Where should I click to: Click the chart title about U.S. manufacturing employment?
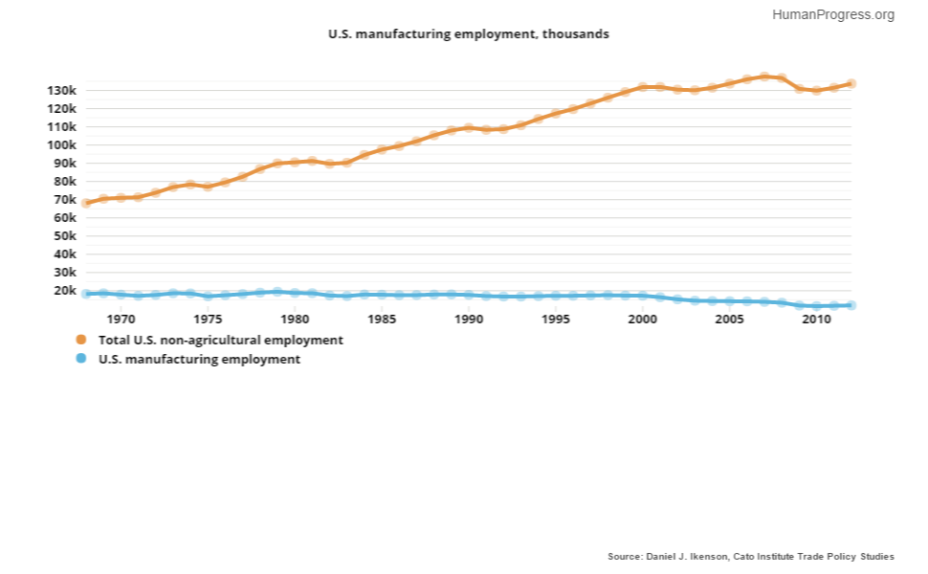click(x=469, y=33)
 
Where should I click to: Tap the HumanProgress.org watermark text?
click(x=832, y=14)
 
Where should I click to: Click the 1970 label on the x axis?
click(x=121, y=320)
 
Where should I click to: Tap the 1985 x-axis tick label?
click(x=382, y=320)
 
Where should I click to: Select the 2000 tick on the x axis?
click(x=642, y=320)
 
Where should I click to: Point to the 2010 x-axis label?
click(x=816, y=320)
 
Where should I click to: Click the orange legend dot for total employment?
click(x=81, y=340)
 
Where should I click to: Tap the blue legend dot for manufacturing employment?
click(x=81, y=359)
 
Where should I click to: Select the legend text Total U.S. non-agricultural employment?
click(x=221, y=340)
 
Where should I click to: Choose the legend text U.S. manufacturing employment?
click(x=200, y=359)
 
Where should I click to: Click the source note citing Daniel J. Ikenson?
click(x=751, y=556)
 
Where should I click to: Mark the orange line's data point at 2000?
click(x=642, y=87)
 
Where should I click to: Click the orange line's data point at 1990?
click(x=469, y=127)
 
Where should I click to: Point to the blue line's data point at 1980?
click(x=295, y=293)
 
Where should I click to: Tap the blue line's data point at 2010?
click(x=816, y=306)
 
